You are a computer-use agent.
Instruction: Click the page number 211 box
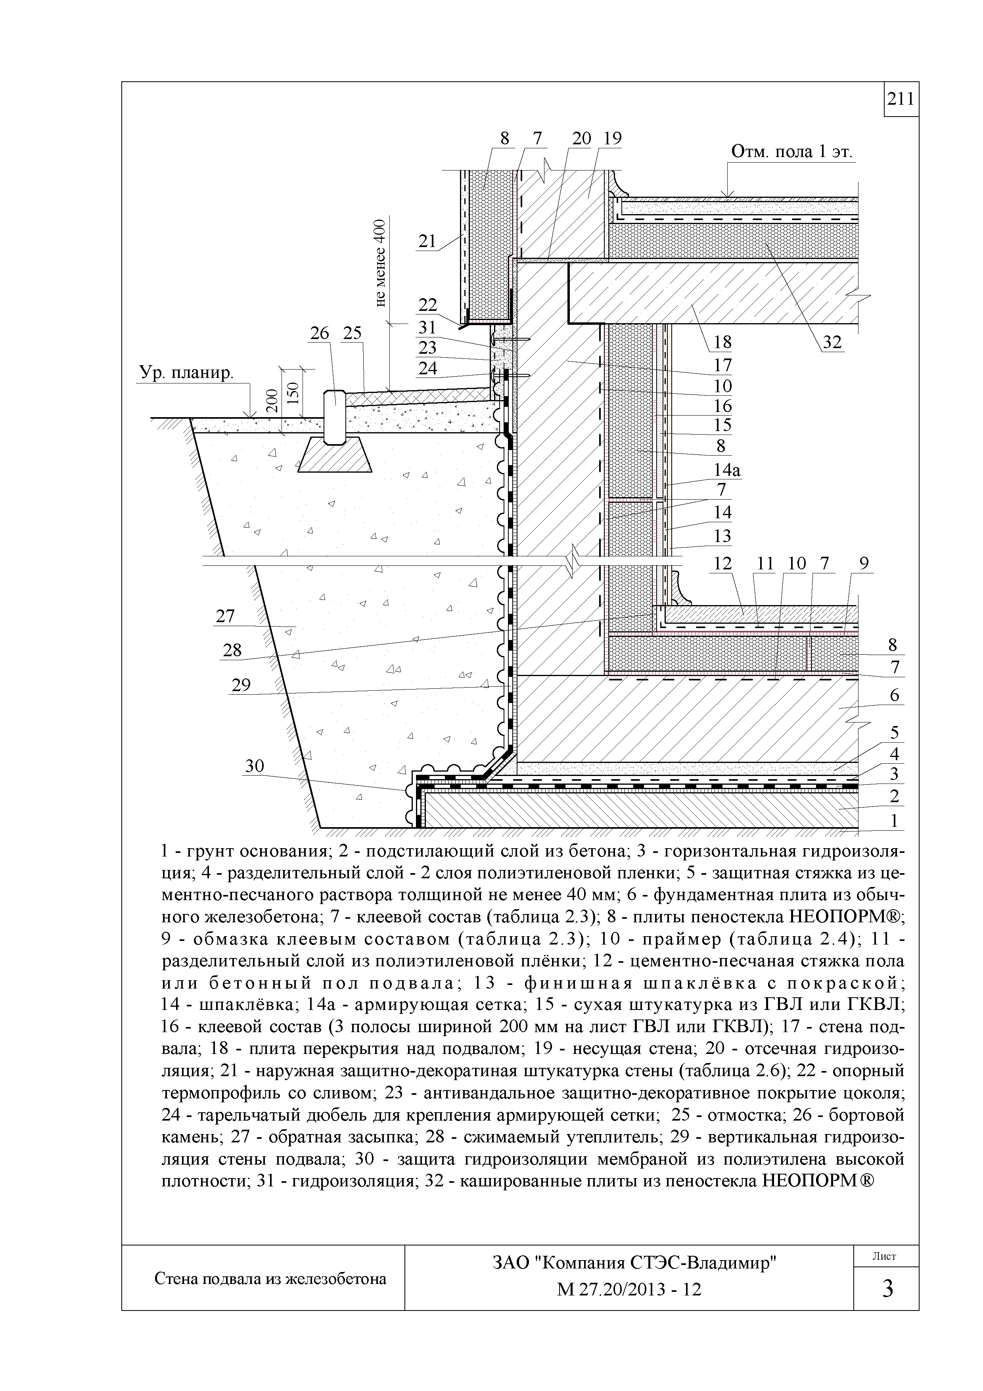tap(901, 99)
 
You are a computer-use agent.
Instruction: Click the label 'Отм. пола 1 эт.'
tap(791, 151)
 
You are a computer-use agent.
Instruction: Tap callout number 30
tap(255, 766)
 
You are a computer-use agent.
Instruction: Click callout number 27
tap(225, 616)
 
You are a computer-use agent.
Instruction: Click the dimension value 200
tap(272, 401)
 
